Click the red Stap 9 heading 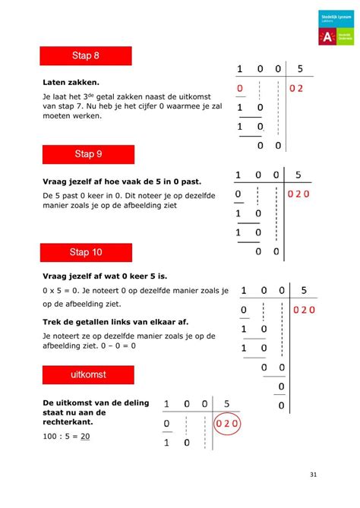pos(87,154)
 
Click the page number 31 pos(314,475)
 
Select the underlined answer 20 pos(86,436)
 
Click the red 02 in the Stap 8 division pos(295,89)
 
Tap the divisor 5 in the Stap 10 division pos(303,290)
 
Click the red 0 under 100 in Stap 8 pos(239,89)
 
